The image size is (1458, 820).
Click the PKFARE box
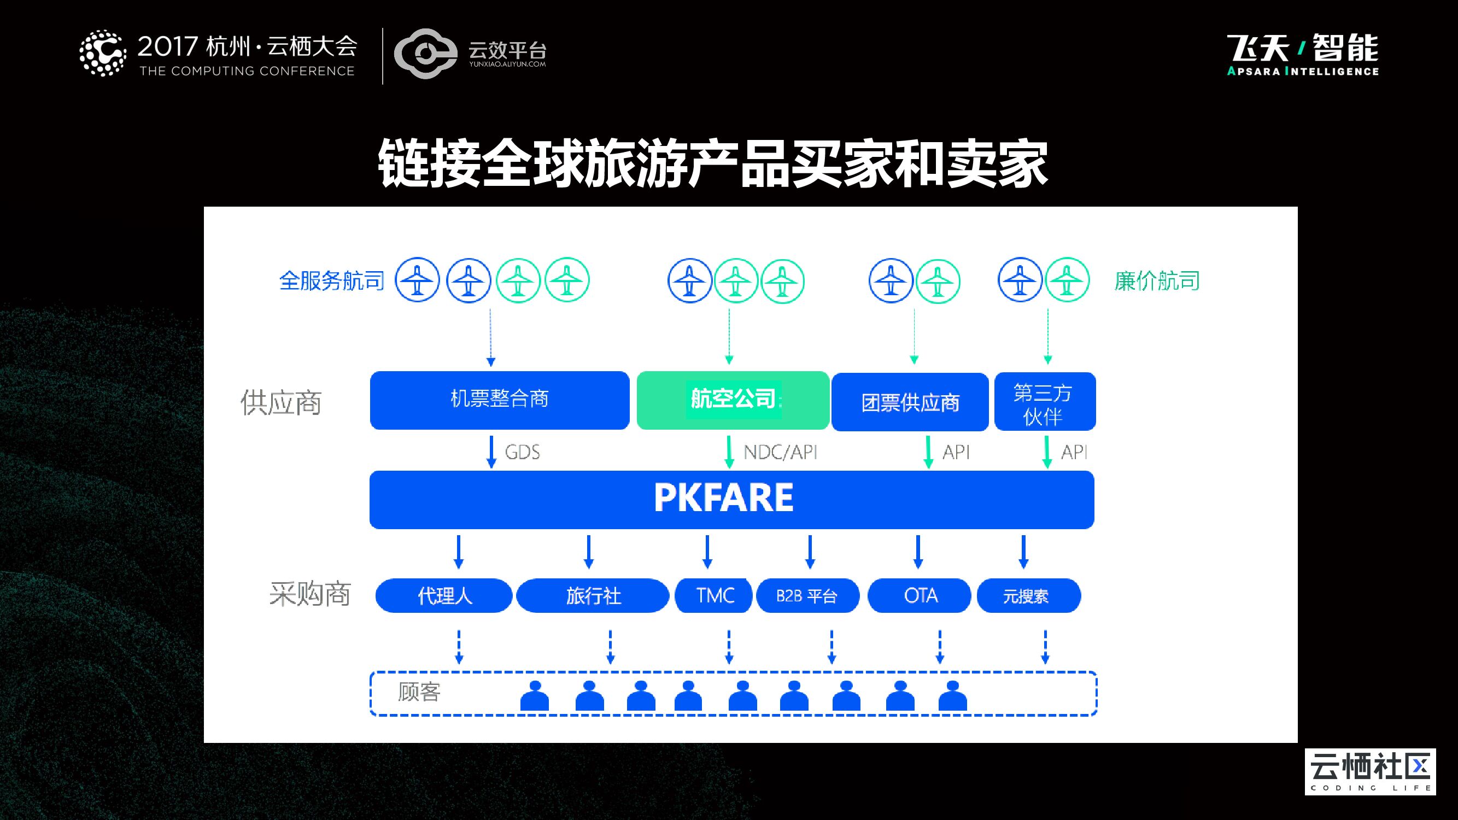[731, 499]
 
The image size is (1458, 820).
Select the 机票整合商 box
[499, 400]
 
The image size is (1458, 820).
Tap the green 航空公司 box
[733, 400]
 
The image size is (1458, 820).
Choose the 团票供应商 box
[910, 402]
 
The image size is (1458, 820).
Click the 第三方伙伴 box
[1044, 402]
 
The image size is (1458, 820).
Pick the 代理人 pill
[444, 595]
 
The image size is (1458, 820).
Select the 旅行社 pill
[593, 595]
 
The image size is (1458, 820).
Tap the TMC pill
[715, 595]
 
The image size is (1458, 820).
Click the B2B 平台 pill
[807, 595]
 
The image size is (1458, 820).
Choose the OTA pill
[920, 595]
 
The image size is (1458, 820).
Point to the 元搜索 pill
[1028, 595]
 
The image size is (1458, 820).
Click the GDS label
[522, 452]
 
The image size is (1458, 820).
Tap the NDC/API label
[780, 452]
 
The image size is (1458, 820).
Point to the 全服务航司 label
[332, 280]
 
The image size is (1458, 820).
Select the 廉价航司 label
[1157, 280]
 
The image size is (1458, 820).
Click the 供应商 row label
[281, 402]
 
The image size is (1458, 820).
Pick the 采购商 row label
[309, 594]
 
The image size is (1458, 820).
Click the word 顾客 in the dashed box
[419, 692]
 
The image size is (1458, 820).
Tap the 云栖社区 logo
[1369, 771]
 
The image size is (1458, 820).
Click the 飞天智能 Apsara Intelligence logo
[1302, 54]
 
